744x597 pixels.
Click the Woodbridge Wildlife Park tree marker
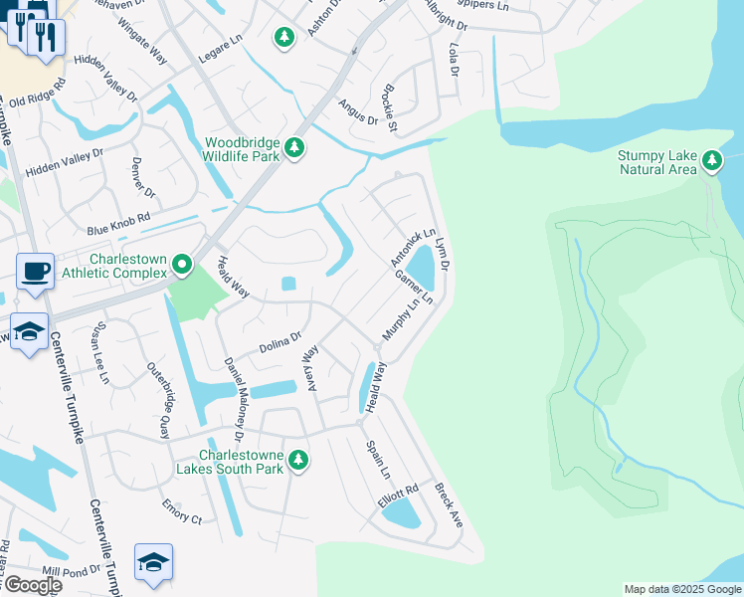[294, 148]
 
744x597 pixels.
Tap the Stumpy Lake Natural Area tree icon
[711, 160]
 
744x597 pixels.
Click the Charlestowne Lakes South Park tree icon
[297, 461]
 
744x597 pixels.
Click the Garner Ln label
[414, 286]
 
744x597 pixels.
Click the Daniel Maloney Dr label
[233, 398]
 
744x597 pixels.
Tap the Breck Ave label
[449, 504]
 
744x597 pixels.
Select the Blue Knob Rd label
[117, 223]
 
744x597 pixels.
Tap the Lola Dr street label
[454, 59]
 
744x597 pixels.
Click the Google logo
[33, 585]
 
